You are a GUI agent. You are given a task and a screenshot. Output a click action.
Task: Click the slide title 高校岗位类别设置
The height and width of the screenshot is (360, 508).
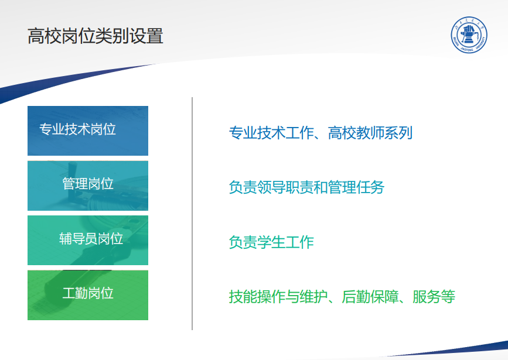point(96,36)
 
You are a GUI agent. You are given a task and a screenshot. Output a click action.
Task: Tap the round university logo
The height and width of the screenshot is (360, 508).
point(469,35)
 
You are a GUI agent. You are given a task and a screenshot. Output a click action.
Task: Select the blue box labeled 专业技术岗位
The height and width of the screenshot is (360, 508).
point(88,131)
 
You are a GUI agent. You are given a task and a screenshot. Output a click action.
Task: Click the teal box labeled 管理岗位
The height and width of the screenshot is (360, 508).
point(88,186)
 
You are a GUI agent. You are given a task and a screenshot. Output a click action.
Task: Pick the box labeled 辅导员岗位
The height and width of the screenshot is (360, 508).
point(88,240)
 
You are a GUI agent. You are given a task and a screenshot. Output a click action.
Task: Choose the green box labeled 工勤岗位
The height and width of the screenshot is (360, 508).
point(88,295)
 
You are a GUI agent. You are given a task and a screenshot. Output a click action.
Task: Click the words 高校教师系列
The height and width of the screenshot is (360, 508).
point(370,133)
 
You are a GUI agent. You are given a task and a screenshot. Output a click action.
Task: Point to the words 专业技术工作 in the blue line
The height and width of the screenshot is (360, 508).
point(271,133)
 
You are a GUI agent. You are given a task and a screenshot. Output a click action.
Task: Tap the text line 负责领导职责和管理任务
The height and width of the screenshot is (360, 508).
point(306,187)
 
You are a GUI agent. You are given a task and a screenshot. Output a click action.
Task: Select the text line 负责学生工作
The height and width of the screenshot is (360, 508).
point(271,242)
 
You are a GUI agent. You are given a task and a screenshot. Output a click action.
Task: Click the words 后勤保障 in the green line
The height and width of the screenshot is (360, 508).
point(370,297)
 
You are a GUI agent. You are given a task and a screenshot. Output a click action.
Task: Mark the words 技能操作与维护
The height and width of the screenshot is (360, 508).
point(278,297)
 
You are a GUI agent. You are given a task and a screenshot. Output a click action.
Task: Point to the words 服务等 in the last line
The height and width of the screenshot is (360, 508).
point(434,297)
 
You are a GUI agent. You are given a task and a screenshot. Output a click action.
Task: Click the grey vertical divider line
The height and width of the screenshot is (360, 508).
point(192,214)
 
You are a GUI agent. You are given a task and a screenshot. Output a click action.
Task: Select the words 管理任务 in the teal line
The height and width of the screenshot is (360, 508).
point(356,187)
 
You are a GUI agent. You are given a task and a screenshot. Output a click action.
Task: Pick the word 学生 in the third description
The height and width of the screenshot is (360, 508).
point(271,242)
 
